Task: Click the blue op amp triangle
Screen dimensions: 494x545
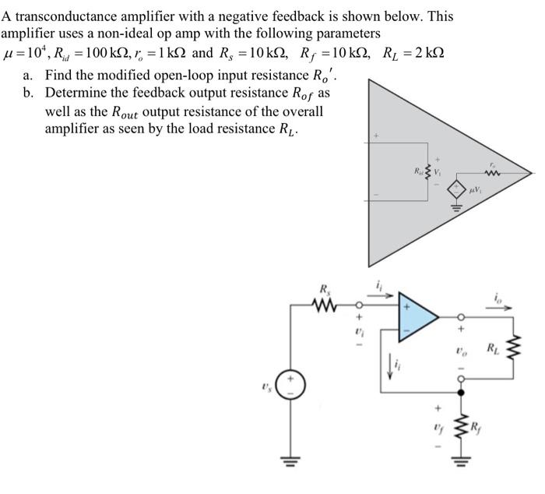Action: pyautogui.click(x=416, y=316)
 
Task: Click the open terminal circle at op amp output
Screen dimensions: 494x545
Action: pyautogui.click(x=461, y=317)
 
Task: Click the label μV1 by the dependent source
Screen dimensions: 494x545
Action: pyautogui.click(x=474, y=190)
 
